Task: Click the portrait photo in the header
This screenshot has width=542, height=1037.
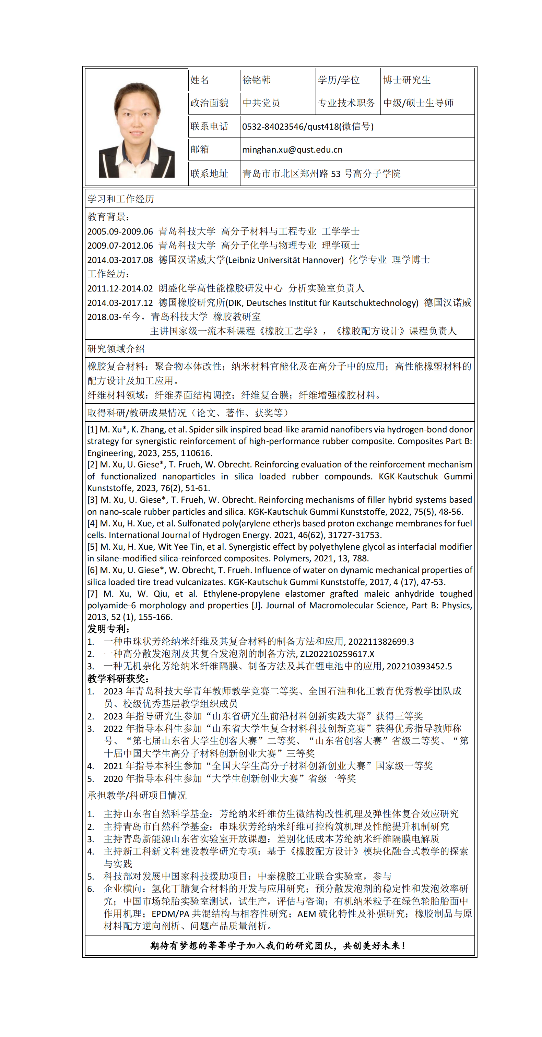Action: [x=136, y=130]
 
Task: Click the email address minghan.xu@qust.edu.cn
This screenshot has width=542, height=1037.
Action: [x=292, y=150]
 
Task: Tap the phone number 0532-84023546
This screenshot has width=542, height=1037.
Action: [x=272, y=127]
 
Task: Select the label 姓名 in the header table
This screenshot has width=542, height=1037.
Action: [x=199, y=80]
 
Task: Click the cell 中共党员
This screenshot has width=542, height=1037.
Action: [x=261, y=103]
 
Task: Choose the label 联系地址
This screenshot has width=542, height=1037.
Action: [x=209, y=174]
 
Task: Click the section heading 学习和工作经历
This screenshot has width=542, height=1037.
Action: [x=121, y=199]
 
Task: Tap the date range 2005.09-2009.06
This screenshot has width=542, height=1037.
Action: [x=120, y=231]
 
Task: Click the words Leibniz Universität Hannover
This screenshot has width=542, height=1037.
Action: [x=284, y=260]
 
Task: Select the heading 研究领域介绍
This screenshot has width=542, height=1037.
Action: [x=116, y=349]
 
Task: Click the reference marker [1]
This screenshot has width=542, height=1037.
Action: [x=92, y=430]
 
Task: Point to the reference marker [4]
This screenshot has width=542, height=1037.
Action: [x=92, y=523]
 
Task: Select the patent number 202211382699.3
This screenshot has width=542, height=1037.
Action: [x=380, y=642]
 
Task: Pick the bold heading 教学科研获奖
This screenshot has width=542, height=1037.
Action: [x=118, y=679]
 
